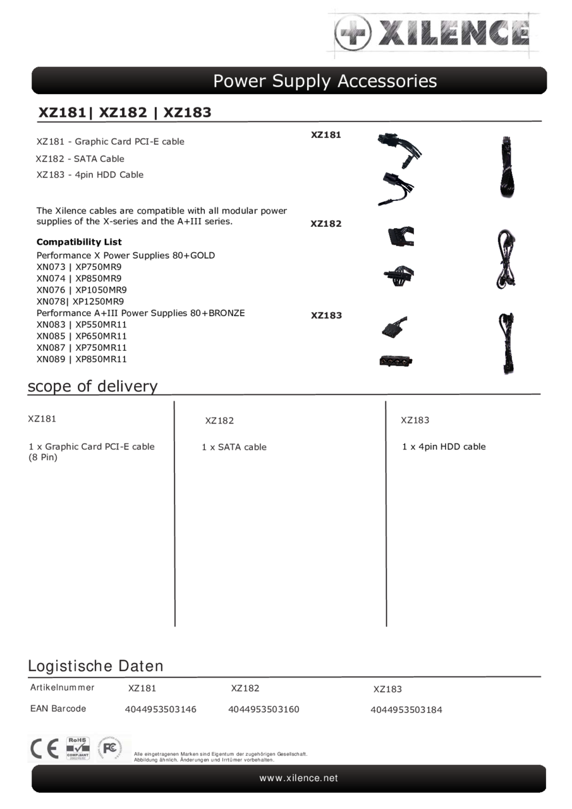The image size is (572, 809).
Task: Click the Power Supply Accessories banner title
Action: (x=324, y=81)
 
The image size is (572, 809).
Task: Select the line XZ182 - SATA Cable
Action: (x=80, y=159)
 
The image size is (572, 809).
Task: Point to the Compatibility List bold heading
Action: (x=79, y=242)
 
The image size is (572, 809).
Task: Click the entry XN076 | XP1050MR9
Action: (x=82, y=290)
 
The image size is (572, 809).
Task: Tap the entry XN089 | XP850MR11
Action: (x=82, y=359)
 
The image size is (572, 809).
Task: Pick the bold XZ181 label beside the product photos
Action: (x=326, y=135)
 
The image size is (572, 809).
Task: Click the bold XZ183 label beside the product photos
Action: (x=326, y=315)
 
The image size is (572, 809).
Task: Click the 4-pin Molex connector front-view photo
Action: (x=396, y=361)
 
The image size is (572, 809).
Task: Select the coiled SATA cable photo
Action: (x=506, y=259)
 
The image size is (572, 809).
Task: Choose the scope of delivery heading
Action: (x=92, y=386)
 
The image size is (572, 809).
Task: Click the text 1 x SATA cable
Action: (x=234, y=447)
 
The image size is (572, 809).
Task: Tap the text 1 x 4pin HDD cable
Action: (x=444, y=446)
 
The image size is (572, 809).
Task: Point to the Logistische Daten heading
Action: (x=95, y=666)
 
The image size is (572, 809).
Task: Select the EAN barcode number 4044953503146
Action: (x=161, y=709)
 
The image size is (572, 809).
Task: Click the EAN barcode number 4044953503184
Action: (x=406, y=710)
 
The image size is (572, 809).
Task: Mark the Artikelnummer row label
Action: (x=63, y=688)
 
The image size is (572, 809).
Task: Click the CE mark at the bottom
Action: (x=44, y=749)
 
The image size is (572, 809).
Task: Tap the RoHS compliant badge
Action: (x=78, y=748)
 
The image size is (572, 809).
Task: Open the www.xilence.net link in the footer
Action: (x=298, y=778)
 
